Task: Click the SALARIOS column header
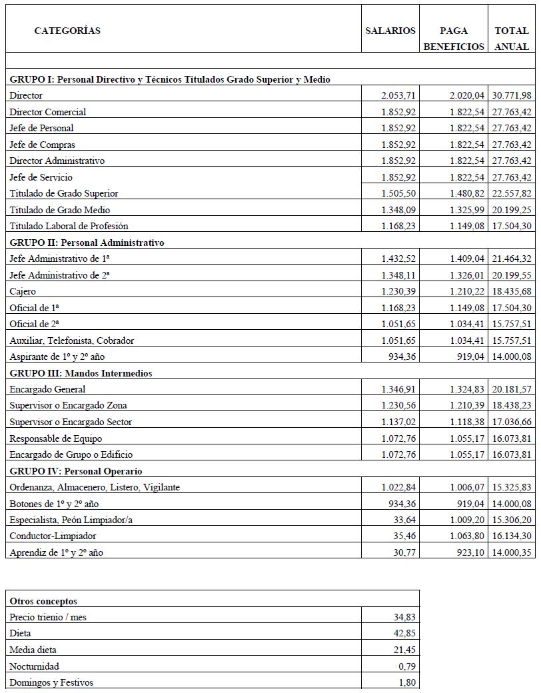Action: tap(390, 31)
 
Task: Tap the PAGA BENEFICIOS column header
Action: tap(454, 39)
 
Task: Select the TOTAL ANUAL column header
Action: tap(512, 39)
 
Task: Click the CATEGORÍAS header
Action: tap(67, 31)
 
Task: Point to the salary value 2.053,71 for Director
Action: tap(398, 96)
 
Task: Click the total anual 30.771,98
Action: tap(512, 96)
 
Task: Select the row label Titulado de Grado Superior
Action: tap(64, 193)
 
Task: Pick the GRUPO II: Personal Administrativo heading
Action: tap(87, 243)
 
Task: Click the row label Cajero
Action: tap(23, 291)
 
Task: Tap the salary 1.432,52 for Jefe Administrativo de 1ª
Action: tap(398, 259)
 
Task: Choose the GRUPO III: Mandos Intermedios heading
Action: tap(81, 373)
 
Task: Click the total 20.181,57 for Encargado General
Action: tap(512, 389)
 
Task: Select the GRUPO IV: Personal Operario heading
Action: tap(76, 471)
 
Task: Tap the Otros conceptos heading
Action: tap(43, 601)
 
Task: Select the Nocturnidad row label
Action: tap(34, 666)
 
